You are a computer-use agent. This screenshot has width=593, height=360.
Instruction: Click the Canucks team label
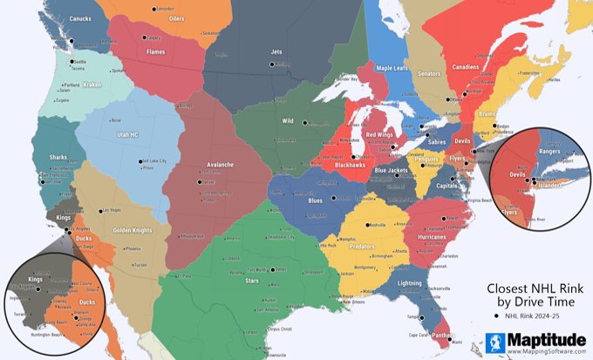[80, 17]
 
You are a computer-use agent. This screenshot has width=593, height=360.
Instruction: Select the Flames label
[155, 51]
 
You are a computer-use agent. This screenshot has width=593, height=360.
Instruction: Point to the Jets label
[277, 52]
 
